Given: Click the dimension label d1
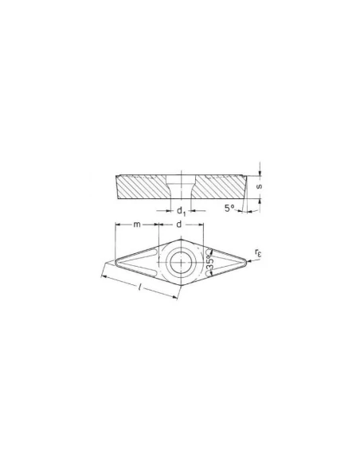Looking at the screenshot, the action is (181, 212).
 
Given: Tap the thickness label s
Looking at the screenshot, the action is (260, 186).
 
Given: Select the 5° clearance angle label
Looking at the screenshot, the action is (229, 208).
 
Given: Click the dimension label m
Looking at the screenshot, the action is (136, 225).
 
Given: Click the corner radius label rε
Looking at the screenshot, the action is (258, 253).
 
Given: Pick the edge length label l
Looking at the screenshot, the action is (139, 287).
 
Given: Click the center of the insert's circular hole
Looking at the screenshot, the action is (181, 263).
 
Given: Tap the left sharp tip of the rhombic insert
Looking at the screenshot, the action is (115, 261).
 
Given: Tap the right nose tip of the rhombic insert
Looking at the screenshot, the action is (246, 261).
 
